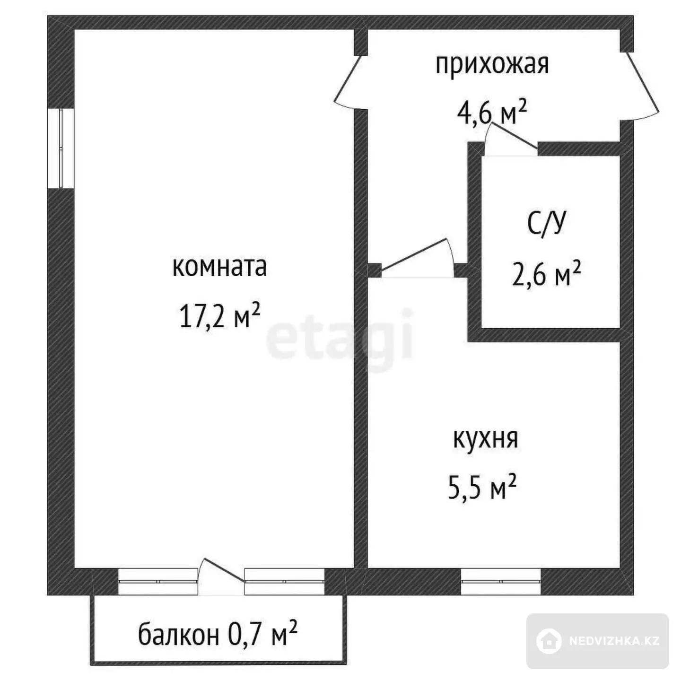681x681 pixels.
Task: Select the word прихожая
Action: pos(492,65)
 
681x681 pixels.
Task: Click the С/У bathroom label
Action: pos(546,223)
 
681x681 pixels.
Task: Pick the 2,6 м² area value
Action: pos(546,274)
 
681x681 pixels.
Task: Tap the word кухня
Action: pos(485,439)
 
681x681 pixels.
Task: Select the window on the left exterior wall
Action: pos(61,148)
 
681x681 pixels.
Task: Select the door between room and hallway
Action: pos(348,82)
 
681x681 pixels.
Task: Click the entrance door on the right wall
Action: pos(643,86)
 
